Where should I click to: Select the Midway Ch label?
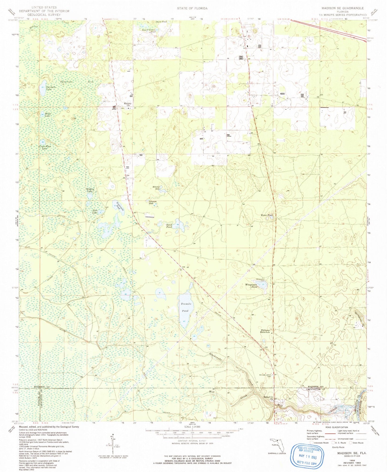127,105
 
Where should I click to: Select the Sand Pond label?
169,226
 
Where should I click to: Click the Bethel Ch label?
268,398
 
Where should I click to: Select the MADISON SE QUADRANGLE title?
343,8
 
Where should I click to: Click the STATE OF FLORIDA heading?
192,8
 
